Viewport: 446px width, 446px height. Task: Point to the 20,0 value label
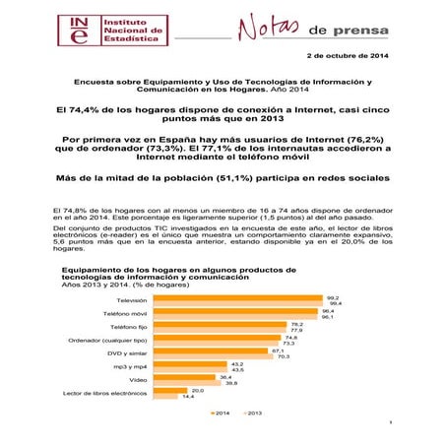click(x=197, y=390)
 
